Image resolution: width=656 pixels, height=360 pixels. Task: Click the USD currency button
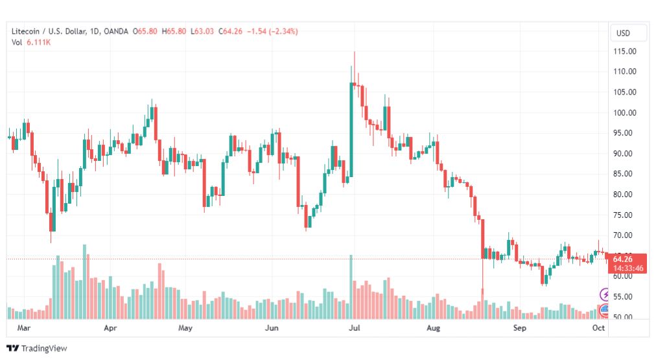tap(623, 33)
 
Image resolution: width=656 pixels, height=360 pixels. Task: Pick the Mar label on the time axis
tap(24, 328)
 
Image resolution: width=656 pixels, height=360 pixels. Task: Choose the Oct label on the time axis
tap(598, 328)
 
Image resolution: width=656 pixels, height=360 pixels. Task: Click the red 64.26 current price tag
tap(626, 259)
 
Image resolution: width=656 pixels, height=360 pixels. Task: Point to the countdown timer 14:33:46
tap(626, 267)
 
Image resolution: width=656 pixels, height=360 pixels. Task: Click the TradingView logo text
tap(44, 348)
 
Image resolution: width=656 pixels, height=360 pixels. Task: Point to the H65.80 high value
tap(174, 31)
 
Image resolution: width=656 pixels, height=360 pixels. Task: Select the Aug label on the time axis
tap(433, 328)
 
